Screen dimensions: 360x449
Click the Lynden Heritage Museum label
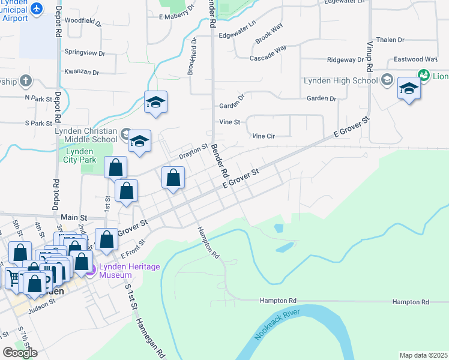(x=124, y=271)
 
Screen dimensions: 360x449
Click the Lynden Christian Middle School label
(x=86, y=135)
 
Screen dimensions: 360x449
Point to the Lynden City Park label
(x=79, y=155)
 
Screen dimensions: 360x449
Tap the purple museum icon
(x=91, y=271)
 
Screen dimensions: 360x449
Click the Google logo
(x=20, y=353)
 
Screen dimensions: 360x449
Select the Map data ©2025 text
(x=423, y=355)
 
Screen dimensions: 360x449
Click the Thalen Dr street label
(x=391, y=40)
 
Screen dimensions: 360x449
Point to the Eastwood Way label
(x=415, y=59)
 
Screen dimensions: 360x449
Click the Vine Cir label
(x=264, y=136)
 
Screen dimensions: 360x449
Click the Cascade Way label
(x=268, y=53)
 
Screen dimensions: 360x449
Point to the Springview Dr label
(x=85, y=53)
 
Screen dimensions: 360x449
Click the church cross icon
(x=25, y=80)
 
